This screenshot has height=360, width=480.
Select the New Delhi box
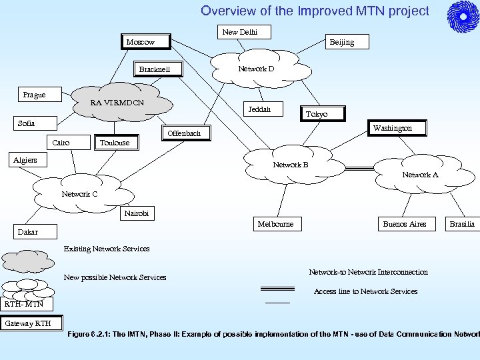[x=239, y=32]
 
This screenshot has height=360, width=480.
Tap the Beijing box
[x=341, y=42]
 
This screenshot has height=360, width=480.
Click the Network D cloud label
[x=256, y=69]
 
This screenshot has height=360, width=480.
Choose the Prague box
[x=34, y=95]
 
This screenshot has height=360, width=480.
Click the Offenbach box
[x=184, y=133]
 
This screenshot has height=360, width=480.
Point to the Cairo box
[x=61, y=143]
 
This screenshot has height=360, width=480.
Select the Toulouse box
[x=114, y=143]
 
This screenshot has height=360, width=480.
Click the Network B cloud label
[x=290, y=165]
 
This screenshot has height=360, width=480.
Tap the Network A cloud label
[x=420, y=175]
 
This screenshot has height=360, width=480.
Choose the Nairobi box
[x=136, y=213]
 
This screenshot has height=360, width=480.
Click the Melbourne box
[x=275, y=224]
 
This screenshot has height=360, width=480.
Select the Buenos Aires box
[x=404, y=224]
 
